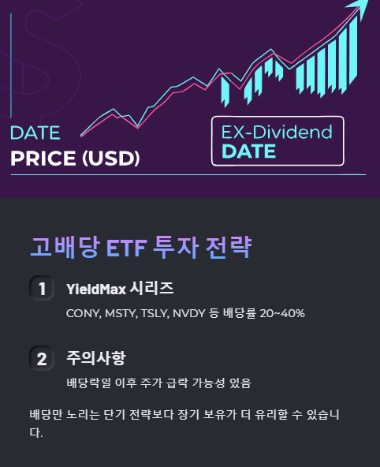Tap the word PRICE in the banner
43,159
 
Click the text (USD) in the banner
110,159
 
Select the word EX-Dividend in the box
277,132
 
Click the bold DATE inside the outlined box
249,151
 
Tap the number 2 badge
41,359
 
